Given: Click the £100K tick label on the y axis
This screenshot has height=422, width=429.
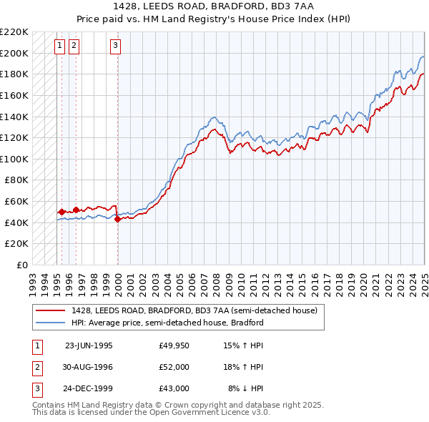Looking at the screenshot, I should point(14,159).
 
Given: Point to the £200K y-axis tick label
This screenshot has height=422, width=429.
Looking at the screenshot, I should point(14,53).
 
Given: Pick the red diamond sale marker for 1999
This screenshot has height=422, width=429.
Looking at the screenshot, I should point(117,220).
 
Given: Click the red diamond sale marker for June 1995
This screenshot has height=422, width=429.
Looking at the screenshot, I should point(62,212).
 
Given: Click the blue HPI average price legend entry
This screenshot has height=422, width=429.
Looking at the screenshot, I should point(167,323).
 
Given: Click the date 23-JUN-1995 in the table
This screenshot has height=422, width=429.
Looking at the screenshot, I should point(89,345).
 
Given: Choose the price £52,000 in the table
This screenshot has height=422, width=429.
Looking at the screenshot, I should point(174,367).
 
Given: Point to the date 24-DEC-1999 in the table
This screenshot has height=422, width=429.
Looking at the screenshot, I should point(89,388).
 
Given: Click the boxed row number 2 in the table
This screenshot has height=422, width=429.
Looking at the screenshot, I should point(36,367).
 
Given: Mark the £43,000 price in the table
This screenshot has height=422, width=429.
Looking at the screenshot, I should point(174,388).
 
